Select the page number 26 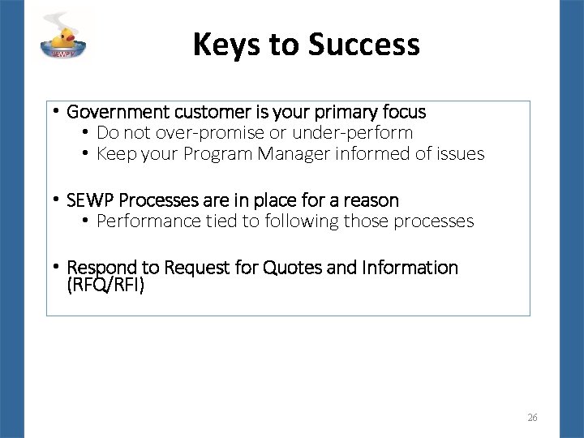click(x=532, y=418)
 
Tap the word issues click(x=461, y=153)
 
